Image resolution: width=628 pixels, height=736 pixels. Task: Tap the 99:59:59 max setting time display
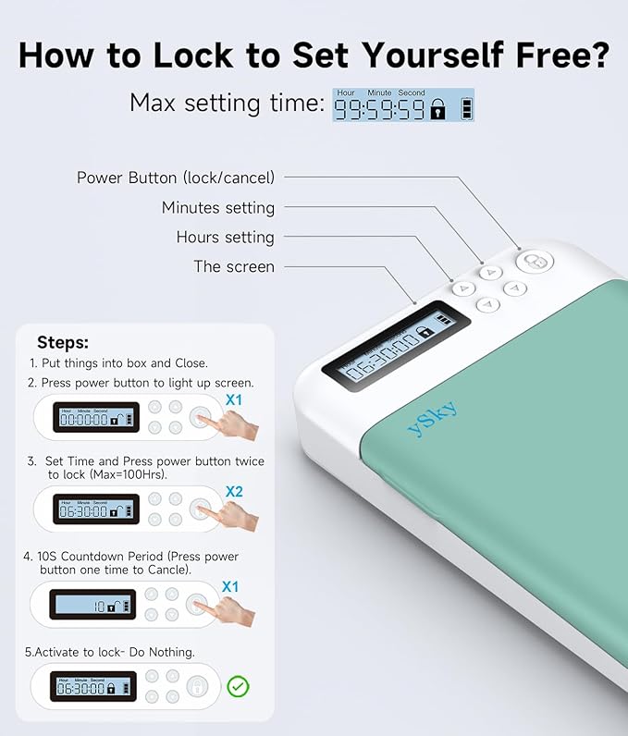pos(378,108)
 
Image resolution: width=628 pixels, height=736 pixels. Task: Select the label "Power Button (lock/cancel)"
pos(175,178)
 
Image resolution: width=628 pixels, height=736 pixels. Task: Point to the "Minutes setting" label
pos(217,207)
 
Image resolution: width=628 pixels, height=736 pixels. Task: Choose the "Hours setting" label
pos(225,237)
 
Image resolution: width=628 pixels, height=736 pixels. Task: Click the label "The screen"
pos(233,266)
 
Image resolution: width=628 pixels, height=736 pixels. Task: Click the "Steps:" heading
pos(63,342)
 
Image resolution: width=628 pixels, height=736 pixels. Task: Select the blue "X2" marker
pos(234,492)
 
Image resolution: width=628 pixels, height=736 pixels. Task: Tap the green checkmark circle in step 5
pos(238,687)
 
